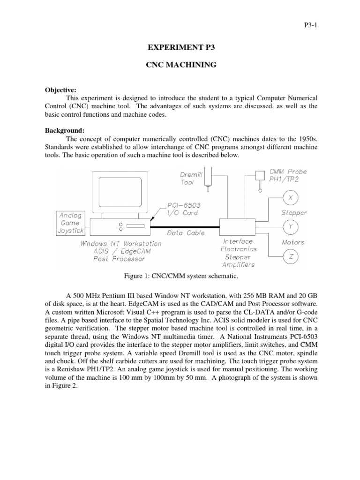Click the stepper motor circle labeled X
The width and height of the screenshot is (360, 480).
pos(291,198)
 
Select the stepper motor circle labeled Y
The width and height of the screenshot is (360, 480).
pos(291,227)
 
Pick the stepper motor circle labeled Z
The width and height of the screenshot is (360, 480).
pos(291,256)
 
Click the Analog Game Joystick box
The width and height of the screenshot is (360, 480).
pos(70,223)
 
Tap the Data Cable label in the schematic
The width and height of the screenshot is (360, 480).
pos(186,232)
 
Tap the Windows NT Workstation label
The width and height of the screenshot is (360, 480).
pos(120,243)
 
